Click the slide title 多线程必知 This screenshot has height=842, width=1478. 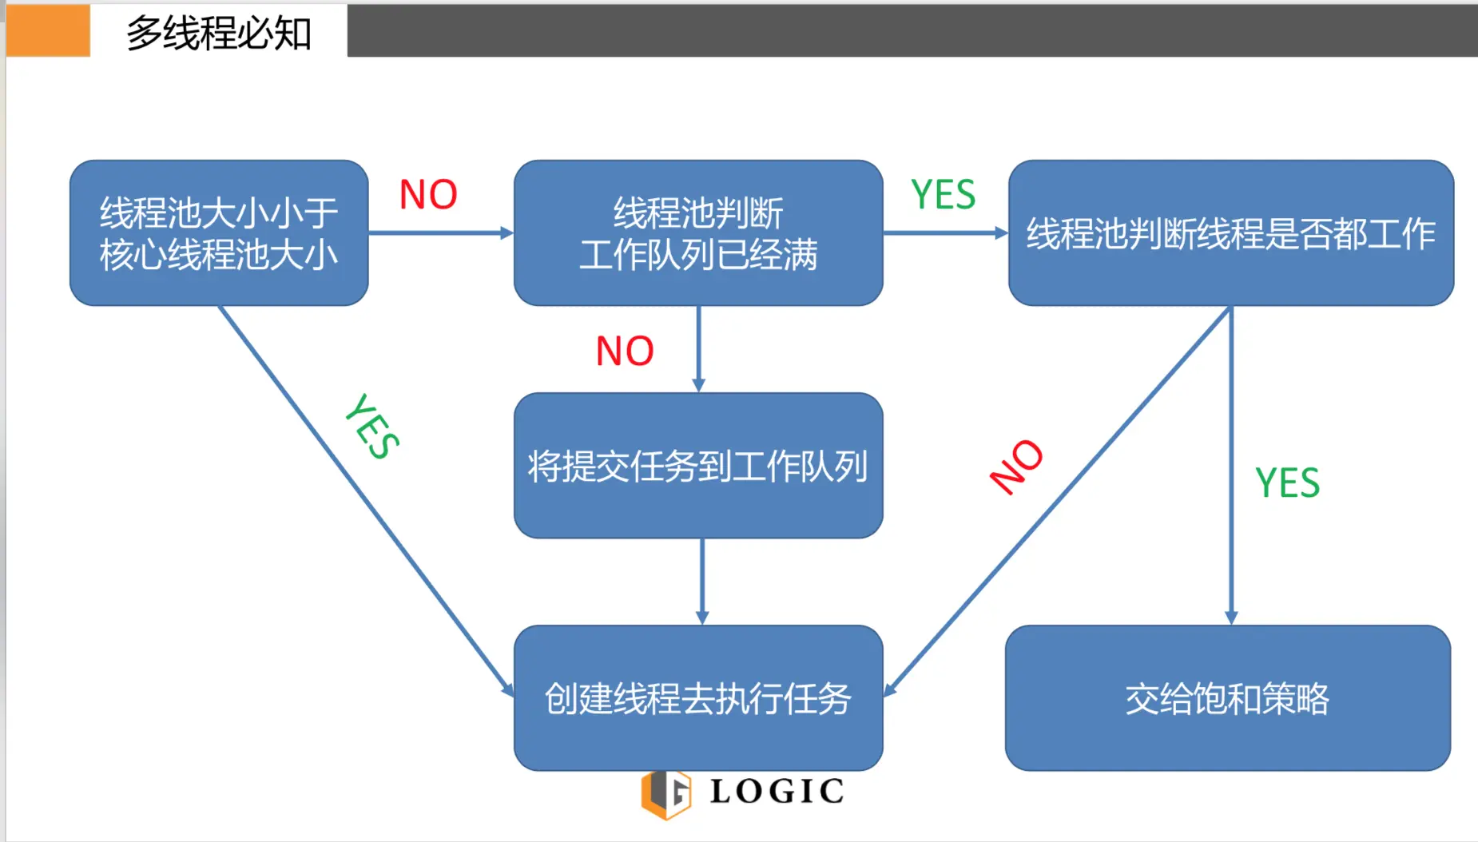(218, 34)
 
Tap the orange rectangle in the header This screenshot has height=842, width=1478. (48, 30)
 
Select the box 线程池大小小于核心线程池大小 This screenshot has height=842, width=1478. (218, 232)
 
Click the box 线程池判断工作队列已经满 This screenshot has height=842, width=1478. (697, 232)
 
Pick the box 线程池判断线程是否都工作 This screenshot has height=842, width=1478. (1230, 232)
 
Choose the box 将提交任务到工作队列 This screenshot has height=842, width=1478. (697, 466)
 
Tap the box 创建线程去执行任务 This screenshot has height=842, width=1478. (697, 698)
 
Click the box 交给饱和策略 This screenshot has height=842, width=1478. (1227, 698)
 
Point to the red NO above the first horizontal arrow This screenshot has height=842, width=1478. (428, 194)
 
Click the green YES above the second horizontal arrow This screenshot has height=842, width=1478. (944, 195)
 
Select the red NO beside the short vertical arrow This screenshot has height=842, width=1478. (625, 351)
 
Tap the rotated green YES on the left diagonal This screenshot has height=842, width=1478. (372, 427)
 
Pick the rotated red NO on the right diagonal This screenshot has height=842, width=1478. (1016, 467)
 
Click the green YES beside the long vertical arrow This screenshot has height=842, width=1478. (1287, 483)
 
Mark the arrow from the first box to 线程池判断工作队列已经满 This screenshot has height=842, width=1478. (439, 233)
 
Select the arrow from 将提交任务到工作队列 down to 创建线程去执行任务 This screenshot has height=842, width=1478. (702, 582)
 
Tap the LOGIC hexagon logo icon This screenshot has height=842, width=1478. (665, 794)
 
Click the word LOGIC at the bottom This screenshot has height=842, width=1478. (777, 792)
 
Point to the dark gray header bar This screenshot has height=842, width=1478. (911, 30)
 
